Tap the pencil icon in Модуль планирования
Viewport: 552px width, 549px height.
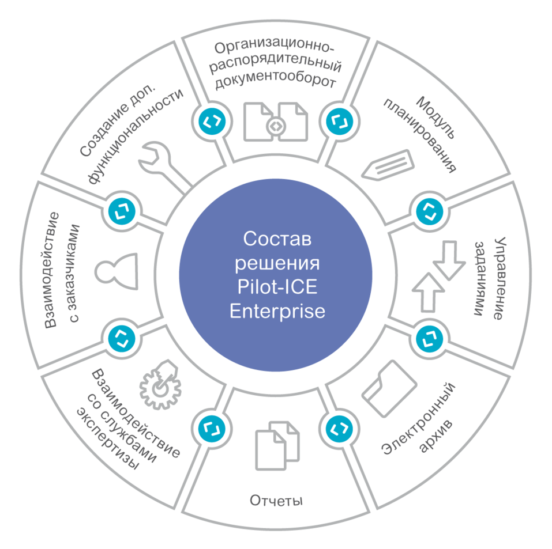tap(388, 165)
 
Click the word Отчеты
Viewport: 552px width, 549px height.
tap(276, 500)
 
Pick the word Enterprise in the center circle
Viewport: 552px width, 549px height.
tap(277, 311)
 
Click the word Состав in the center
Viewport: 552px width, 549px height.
tap(277, 239)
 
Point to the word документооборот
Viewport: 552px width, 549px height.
tap(276, 82)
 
